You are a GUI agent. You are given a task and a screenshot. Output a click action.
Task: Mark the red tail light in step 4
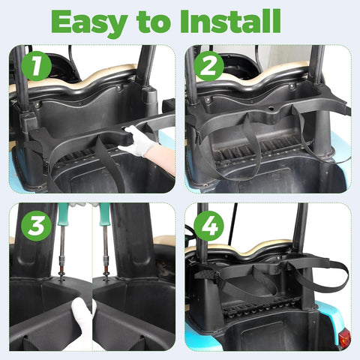pyautogui.click(x=344, y=337)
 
